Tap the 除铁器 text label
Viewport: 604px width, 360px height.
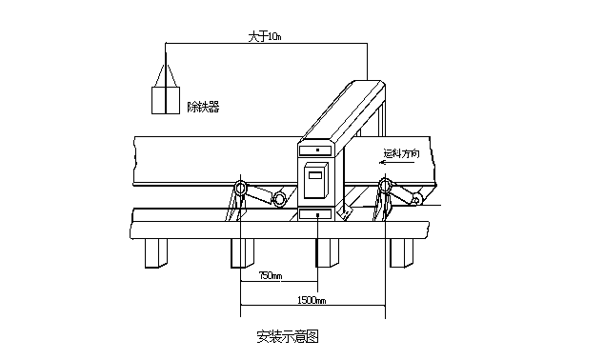coord(202,108)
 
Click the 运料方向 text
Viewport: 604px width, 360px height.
coord(401,152)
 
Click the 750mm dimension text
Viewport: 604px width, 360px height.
coord(271,277)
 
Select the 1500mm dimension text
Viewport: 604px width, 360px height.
coord(311,301)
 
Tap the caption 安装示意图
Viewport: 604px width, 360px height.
coord(286,335)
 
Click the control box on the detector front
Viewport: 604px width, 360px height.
coord(316,183)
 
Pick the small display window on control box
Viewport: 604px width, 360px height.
coord(314,173)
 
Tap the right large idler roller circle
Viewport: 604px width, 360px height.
coord(385,188)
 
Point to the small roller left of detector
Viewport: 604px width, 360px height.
coord(280,199)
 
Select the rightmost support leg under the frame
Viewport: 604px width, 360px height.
coord(402,251)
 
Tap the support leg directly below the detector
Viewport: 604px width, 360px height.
coord(326,251)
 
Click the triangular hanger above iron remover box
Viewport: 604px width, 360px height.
coord(167,75)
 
